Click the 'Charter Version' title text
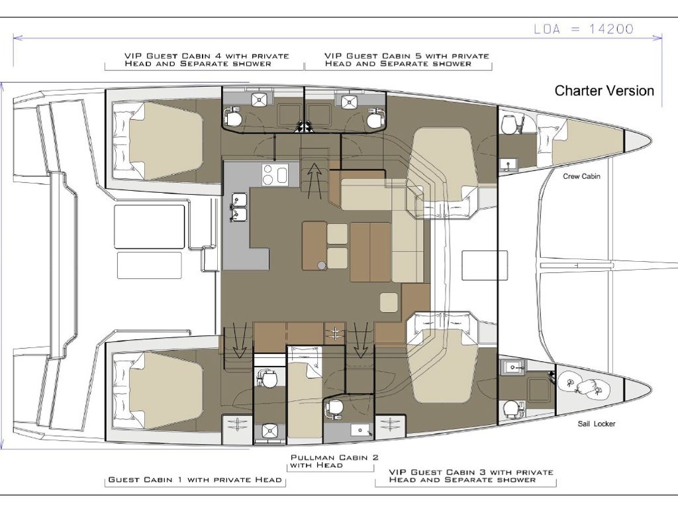pos(604,90)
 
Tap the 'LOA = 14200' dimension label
pos(583,29)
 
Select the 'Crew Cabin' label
pos(581,176)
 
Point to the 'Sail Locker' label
pos(597,424)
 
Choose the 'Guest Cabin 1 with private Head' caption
pos(195,480)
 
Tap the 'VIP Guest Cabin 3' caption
pos(471,476)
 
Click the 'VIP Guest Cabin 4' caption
pos(207,60)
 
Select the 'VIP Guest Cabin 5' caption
pos(407,60)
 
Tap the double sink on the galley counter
pos(238,207)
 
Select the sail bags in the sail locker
pos(583,384)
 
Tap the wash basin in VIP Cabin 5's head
pos(348,102)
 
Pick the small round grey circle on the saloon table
pos(321,265)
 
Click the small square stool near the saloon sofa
pos(389,302)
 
